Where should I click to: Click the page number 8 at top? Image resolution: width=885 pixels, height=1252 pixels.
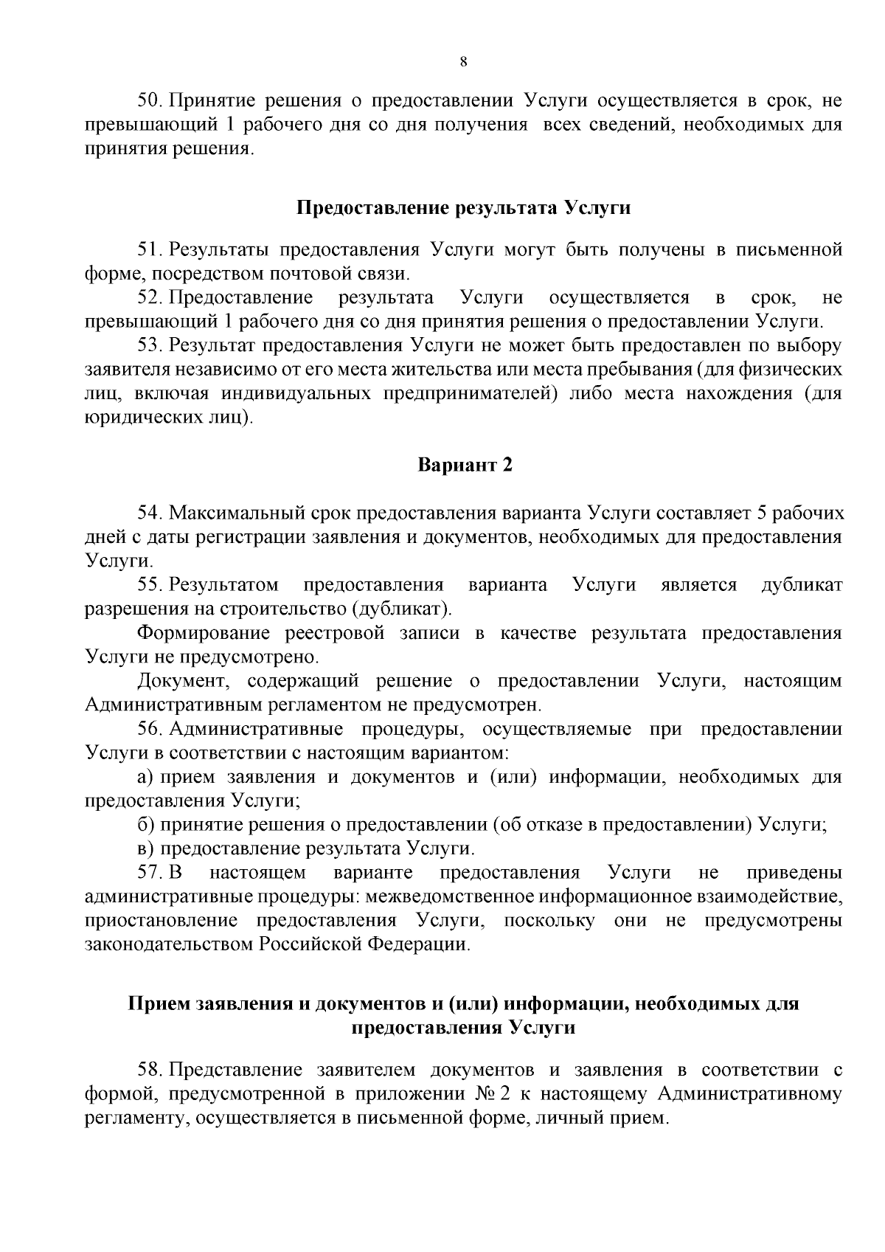463,62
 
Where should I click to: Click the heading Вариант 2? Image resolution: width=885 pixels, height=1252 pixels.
465,466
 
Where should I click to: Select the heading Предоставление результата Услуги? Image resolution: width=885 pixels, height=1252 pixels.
463,207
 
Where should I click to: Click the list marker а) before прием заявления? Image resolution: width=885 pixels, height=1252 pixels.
146,778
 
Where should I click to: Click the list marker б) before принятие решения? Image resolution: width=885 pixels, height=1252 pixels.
146,825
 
